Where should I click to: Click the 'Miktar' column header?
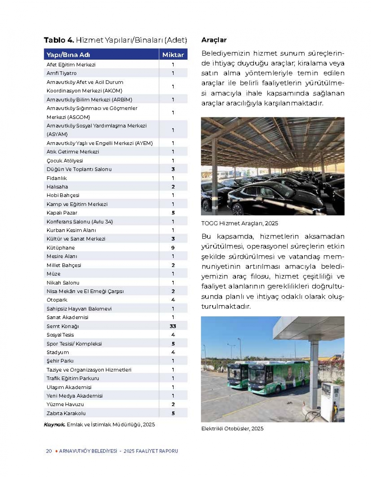tap(173, 55)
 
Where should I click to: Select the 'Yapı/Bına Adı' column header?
tap(68, 55)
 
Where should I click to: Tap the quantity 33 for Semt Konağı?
tap(173, 326)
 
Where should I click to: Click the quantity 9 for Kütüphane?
tap(173, 248)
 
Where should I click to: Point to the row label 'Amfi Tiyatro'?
tap(62, 73)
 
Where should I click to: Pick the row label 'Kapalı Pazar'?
tap(62, 213)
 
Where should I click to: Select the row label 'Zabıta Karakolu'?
tap(66, 413)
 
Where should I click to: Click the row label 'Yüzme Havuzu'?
tap(65, 404)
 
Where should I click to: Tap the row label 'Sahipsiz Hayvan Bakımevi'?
tap(79, 308)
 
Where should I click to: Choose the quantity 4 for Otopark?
tap(173, 300)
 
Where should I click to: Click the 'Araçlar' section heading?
tap(214, 40)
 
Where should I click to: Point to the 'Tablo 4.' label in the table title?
tap(59, 40)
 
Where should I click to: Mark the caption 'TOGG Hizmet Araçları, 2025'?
tap(240, 223)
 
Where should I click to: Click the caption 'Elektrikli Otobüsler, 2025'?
tap(232, 428)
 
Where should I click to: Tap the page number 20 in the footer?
tap(49, 451)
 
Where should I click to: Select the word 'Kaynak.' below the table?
tap(55, 424)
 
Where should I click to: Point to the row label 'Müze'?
tap(53, 274)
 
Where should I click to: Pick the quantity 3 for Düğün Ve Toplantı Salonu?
tap(173, 169)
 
